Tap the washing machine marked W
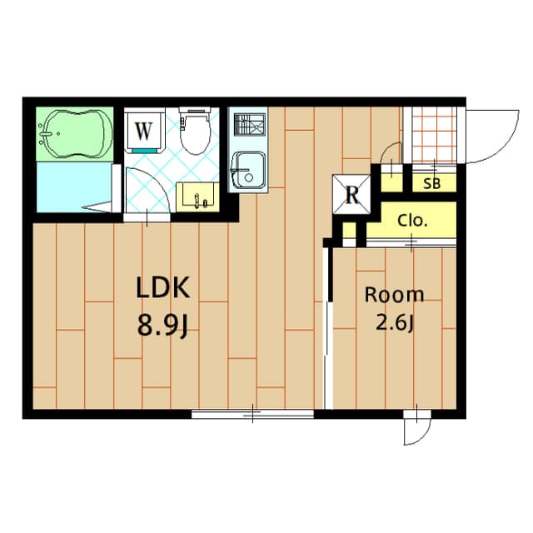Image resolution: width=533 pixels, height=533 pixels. click(143, 131)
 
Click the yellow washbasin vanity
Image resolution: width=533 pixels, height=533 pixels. click(199, 196)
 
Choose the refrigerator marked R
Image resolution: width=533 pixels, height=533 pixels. click(352, 196)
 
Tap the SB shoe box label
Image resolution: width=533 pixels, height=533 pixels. click(433, 184)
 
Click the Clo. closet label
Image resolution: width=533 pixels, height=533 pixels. click(412, 222)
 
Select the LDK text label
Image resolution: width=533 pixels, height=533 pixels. click(164, 290)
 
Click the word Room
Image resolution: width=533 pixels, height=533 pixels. click(394, 294)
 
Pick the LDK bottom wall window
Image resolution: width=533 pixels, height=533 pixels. click(252, 413)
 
